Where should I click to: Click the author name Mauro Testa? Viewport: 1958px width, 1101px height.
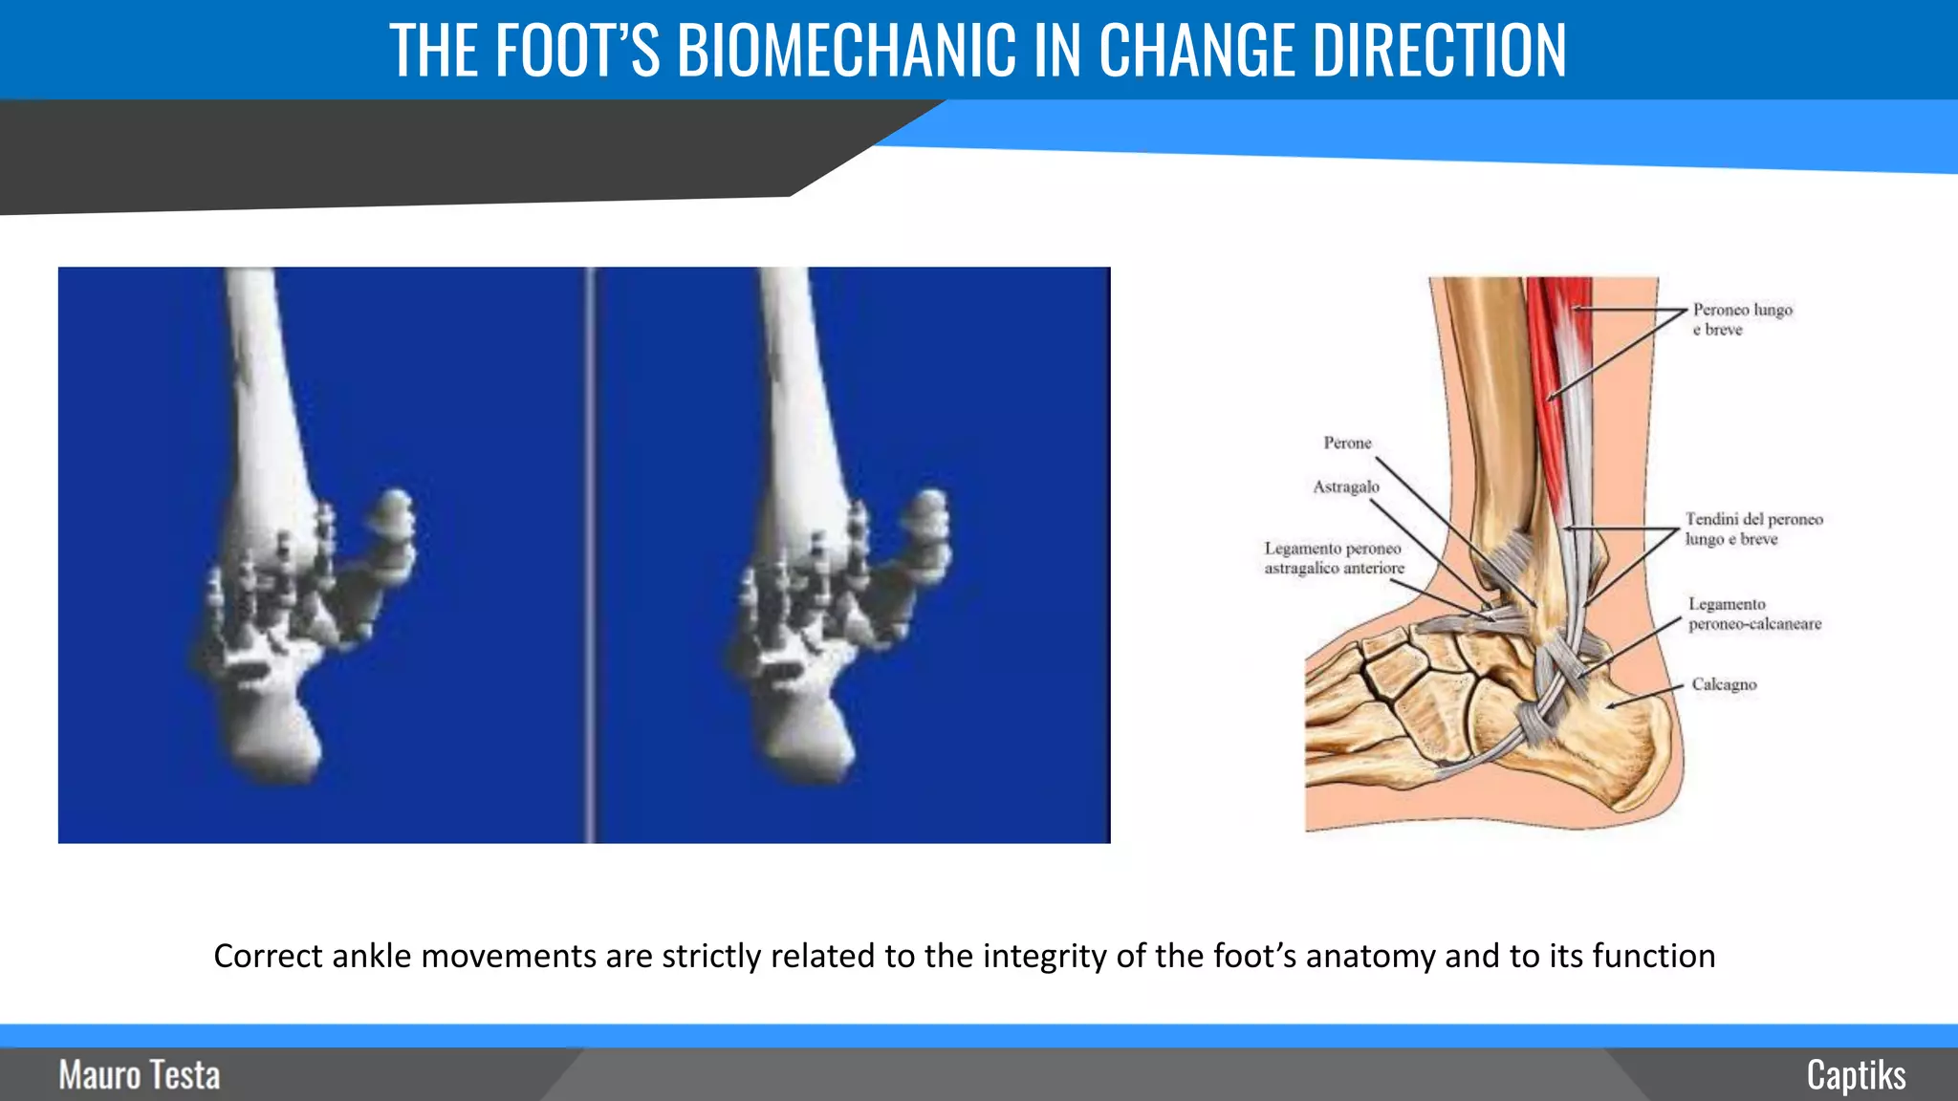click(140, 1075)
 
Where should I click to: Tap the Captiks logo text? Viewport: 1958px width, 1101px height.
click(1856, 1075)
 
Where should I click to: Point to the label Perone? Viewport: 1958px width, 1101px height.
click(1347, 443)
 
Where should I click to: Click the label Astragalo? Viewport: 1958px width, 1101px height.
click(1346, 486)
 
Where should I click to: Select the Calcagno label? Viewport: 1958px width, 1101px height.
click(1724, 684)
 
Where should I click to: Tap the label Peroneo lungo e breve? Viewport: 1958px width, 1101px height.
click(1742, 319)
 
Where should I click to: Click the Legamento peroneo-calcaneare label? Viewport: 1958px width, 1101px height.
click(1754, 614)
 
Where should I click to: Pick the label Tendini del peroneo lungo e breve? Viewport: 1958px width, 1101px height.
click(1753, 529)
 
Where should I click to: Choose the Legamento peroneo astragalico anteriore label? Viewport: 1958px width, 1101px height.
click(1335, 558)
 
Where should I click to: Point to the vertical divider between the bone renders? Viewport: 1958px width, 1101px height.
click(590, 554)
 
